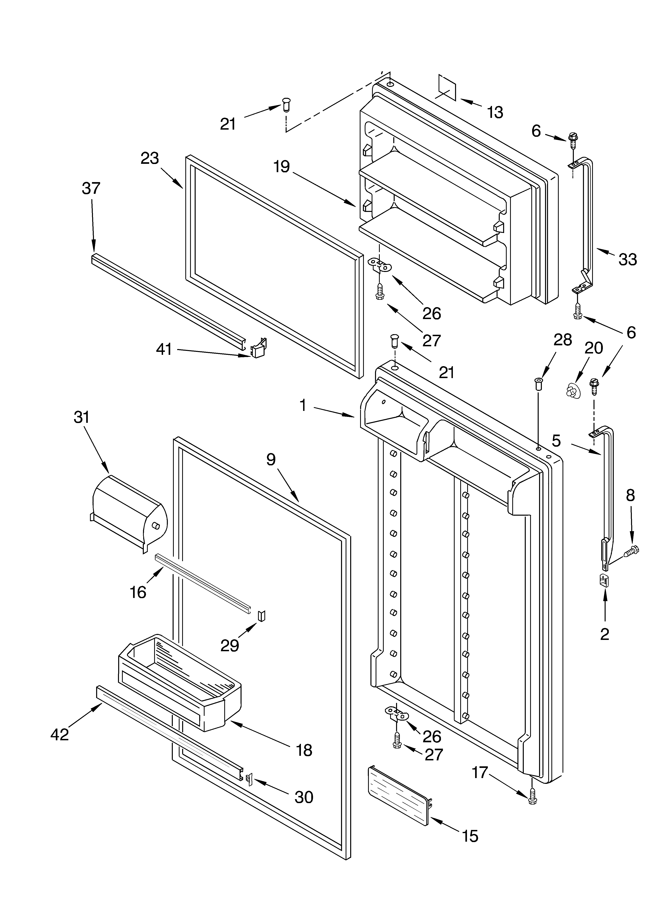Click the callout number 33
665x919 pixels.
[x=627, y=259]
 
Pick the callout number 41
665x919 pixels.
[x=164, y=349]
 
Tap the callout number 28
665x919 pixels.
[x=563, y=340]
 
